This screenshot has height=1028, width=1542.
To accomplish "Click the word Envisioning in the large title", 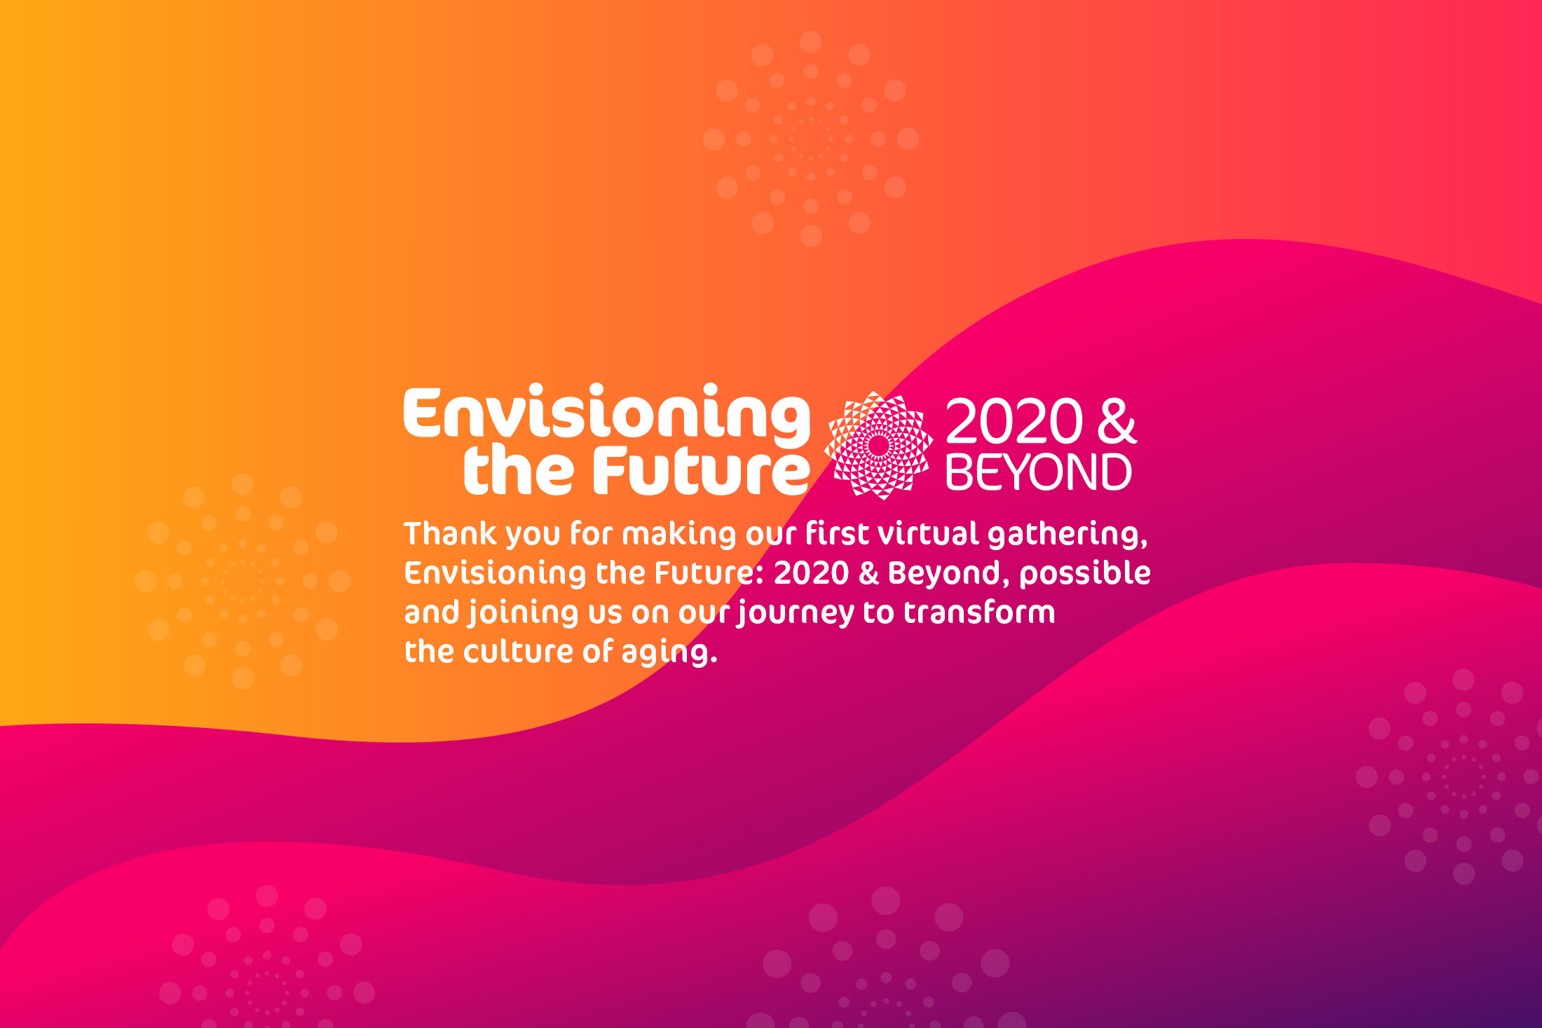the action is pyautogui.click(x=607, y=414).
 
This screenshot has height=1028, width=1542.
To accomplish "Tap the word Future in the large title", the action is pyautogui.click(x=702, y=470).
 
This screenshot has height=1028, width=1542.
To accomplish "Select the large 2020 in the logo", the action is pyautogui.click(x=1014, y=421).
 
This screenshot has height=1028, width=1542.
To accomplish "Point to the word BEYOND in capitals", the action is pyautogui.click(x=1039, y=472).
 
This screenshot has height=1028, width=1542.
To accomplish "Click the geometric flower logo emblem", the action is pyautogui.click(x=879, y=445).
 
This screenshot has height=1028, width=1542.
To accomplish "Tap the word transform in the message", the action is pyautogui.click(x=979, y=612).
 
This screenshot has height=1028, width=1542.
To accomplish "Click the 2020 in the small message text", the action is pyautogui.click(x=811, y=573).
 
